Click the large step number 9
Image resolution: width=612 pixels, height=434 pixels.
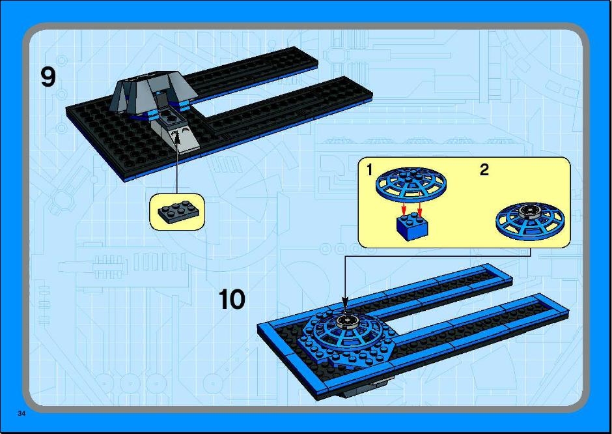(48, 77)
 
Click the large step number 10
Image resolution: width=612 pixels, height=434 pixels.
(232, 300)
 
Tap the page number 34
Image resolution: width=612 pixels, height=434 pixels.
(21, 413)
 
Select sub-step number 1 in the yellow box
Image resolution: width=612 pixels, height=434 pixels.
(369, 170)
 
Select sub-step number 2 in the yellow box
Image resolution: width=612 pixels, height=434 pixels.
(484, 170)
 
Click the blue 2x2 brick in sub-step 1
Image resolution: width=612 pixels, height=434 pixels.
(412, 226)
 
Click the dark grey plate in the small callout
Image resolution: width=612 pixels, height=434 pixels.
(178, 211)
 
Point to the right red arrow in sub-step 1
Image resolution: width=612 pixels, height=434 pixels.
(419, 206)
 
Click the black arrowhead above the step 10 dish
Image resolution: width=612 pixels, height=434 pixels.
(345, 302)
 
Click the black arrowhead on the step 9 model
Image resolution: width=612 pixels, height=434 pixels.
(176, 137)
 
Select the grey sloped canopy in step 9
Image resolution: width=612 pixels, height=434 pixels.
(152, 93)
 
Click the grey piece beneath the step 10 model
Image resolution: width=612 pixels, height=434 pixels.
(363, 388)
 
